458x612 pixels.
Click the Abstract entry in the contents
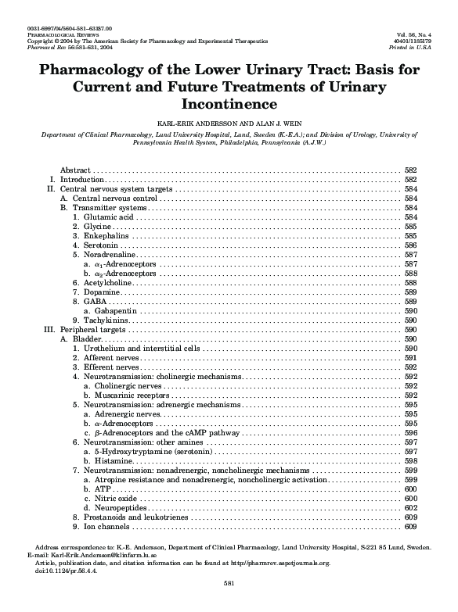(76, 170)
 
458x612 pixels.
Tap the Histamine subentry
(114, 460)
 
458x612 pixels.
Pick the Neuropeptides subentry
(119, 507)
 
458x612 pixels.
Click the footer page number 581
(229, 583)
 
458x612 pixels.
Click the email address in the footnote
(106, 555)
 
